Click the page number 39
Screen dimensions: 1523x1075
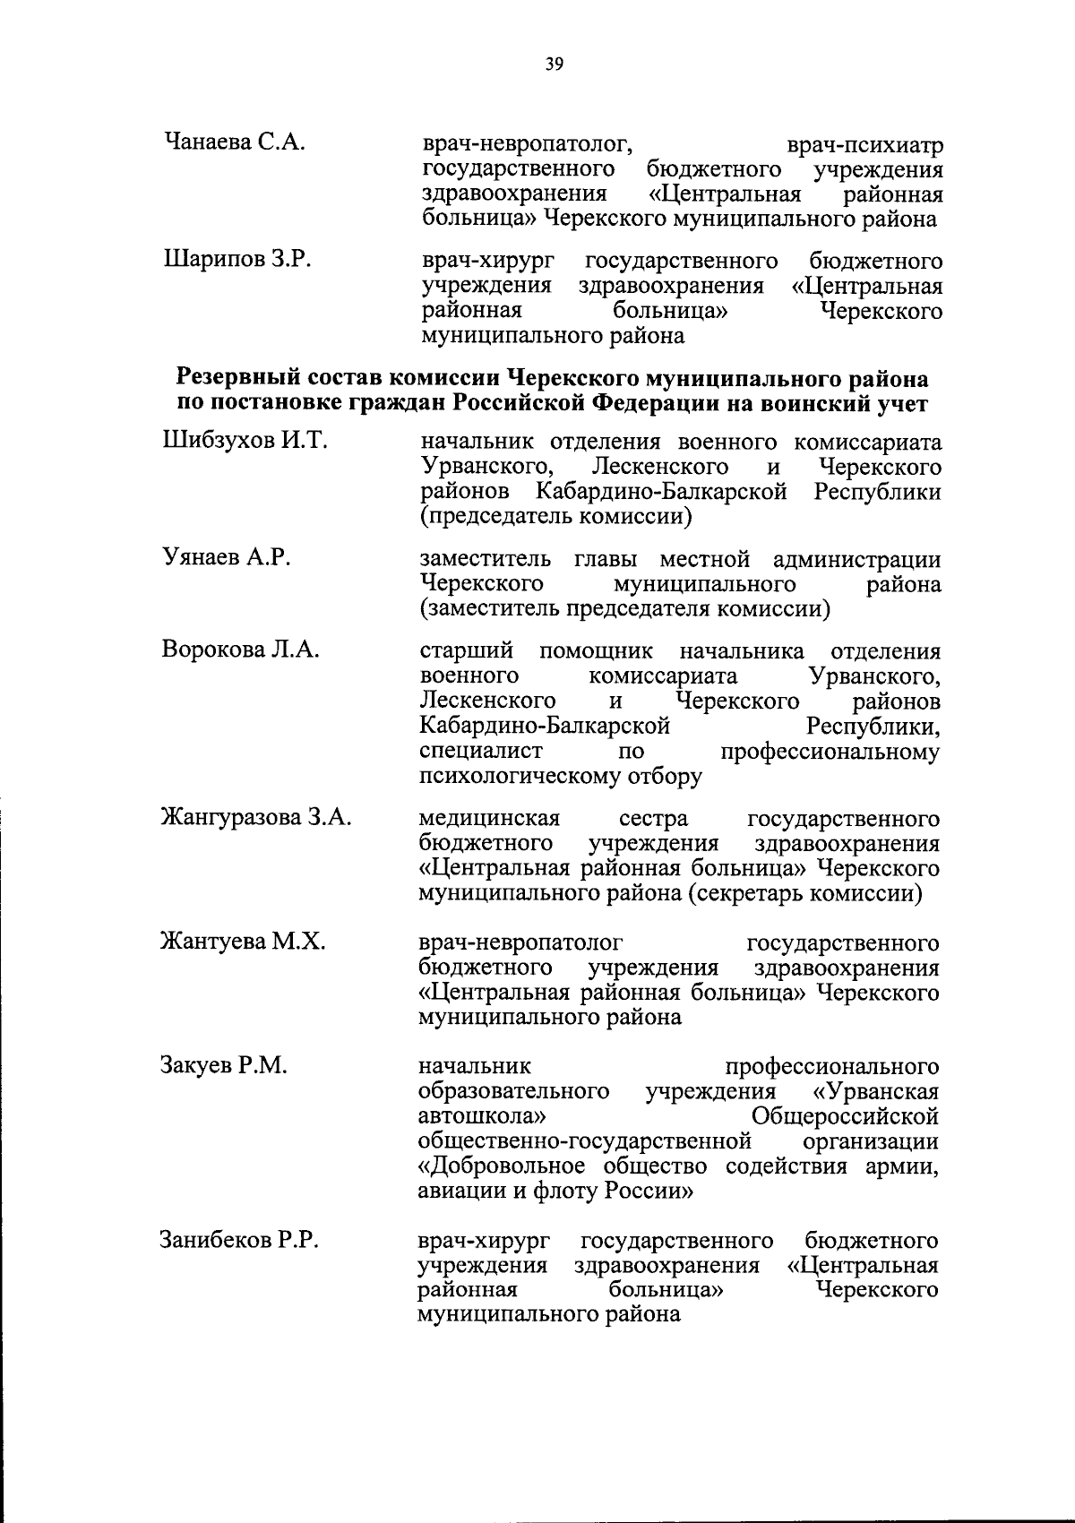tap(554, 64)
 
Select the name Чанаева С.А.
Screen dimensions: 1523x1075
tap(236, 142)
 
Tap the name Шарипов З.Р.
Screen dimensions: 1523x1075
tap(236, 261)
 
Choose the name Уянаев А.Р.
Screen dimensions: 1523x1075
tap(226, 559)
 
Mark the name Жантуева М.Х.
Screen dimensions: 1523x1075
tap(242, 942)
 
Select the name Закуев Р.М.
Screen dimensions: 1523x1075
tap(223, 1066)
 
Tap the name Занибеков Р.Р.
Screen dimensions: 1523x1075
tap(239, 1241)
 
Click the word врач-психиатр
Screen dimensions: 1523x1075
tap(864, 145)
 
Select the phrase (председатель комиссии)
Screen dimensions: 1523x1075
tap(555, 517)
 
